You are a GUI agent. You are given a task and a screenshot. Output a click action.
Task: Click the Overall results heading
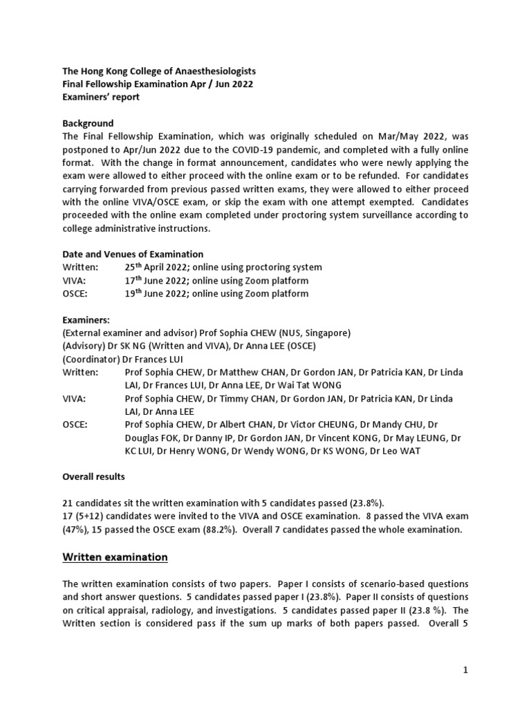coord(94,477)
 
